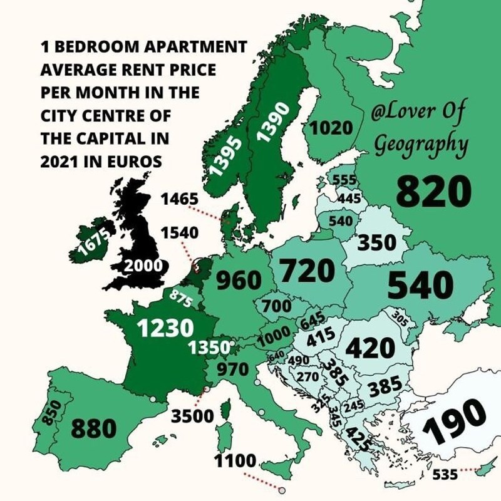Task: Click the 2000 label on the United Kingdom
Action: tap(143, 266)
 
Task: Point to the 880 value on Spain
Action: tap(93, 429)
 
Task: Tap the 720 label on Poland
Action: tap(307, 271)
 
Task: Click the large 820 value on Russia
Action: tap(433, 192)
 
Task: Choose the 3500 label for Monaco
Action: tap(192, 416)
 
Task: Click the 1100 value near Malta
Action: tap(236, 462)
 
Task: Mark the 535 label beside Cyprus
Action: tap(445, 474)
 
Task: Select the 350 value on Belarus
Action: tap(377, 242)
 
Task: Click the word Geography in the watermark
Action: tap(421, 144)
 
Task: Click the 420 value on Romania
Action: tap(371, 348)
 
